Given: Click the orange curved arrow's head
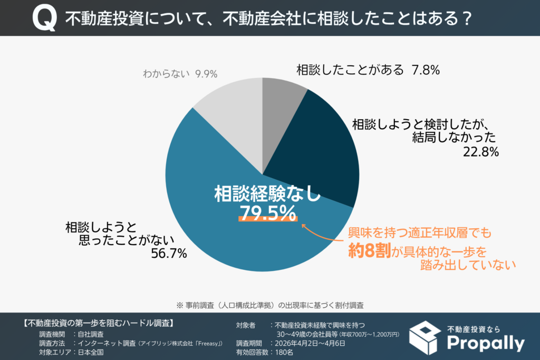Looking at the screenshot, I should tap(304, 225).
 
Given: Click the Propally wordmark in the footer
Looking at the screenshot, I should tap(485, 343).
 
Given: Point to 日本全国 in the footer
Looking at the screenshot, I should tap(90, 353).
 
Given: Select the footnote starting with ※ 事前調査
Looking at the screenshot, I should tap(269, 305).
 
